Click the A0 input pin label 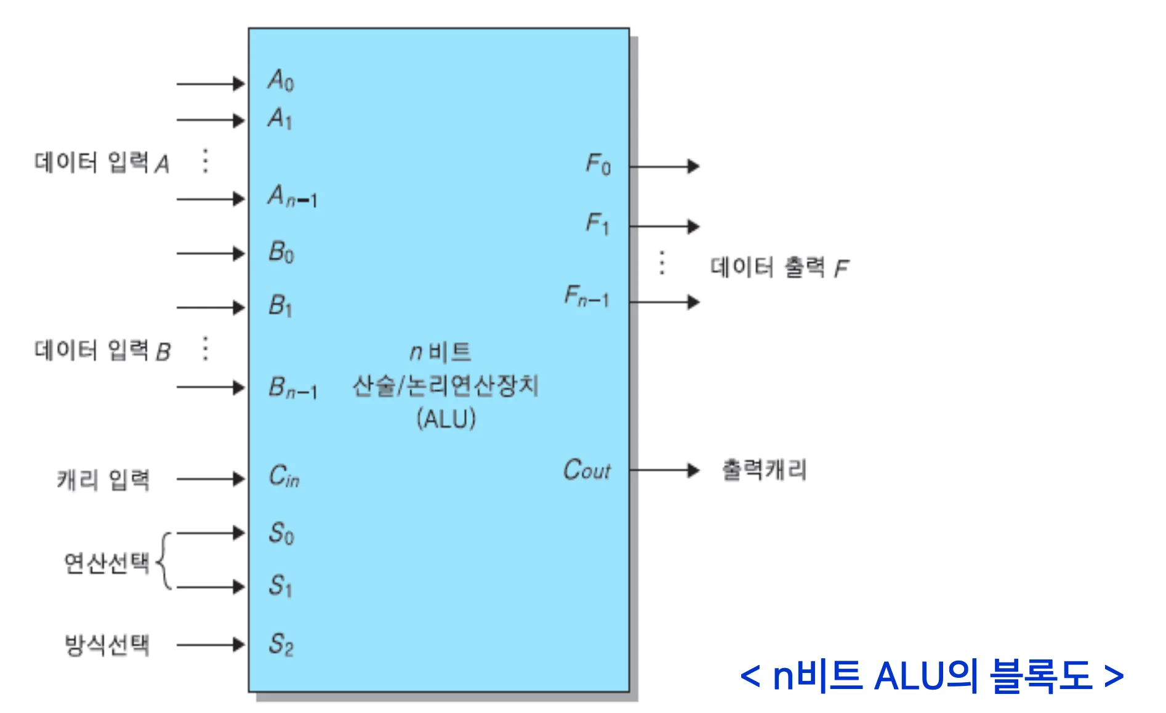281,81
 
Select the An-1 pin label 292,196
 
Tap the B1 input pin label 280,305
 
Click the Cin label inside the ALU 284,476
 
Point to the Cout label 587,470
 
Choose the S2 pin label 281,644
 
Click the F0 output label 598,164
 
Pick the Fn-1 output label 587,297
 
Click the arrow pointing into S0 211,533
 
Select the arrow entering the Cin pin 211,478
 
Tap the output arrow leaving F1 665,227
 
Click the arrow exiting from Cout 665,470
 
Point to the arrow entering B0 211,253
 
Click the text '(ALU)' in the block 446,419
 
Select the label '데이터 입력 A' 102,163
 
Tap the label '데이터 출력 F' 779,267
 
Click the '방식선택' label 107,645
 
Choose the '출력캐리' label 764,470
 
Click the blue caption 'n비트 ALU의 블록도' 932,675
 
